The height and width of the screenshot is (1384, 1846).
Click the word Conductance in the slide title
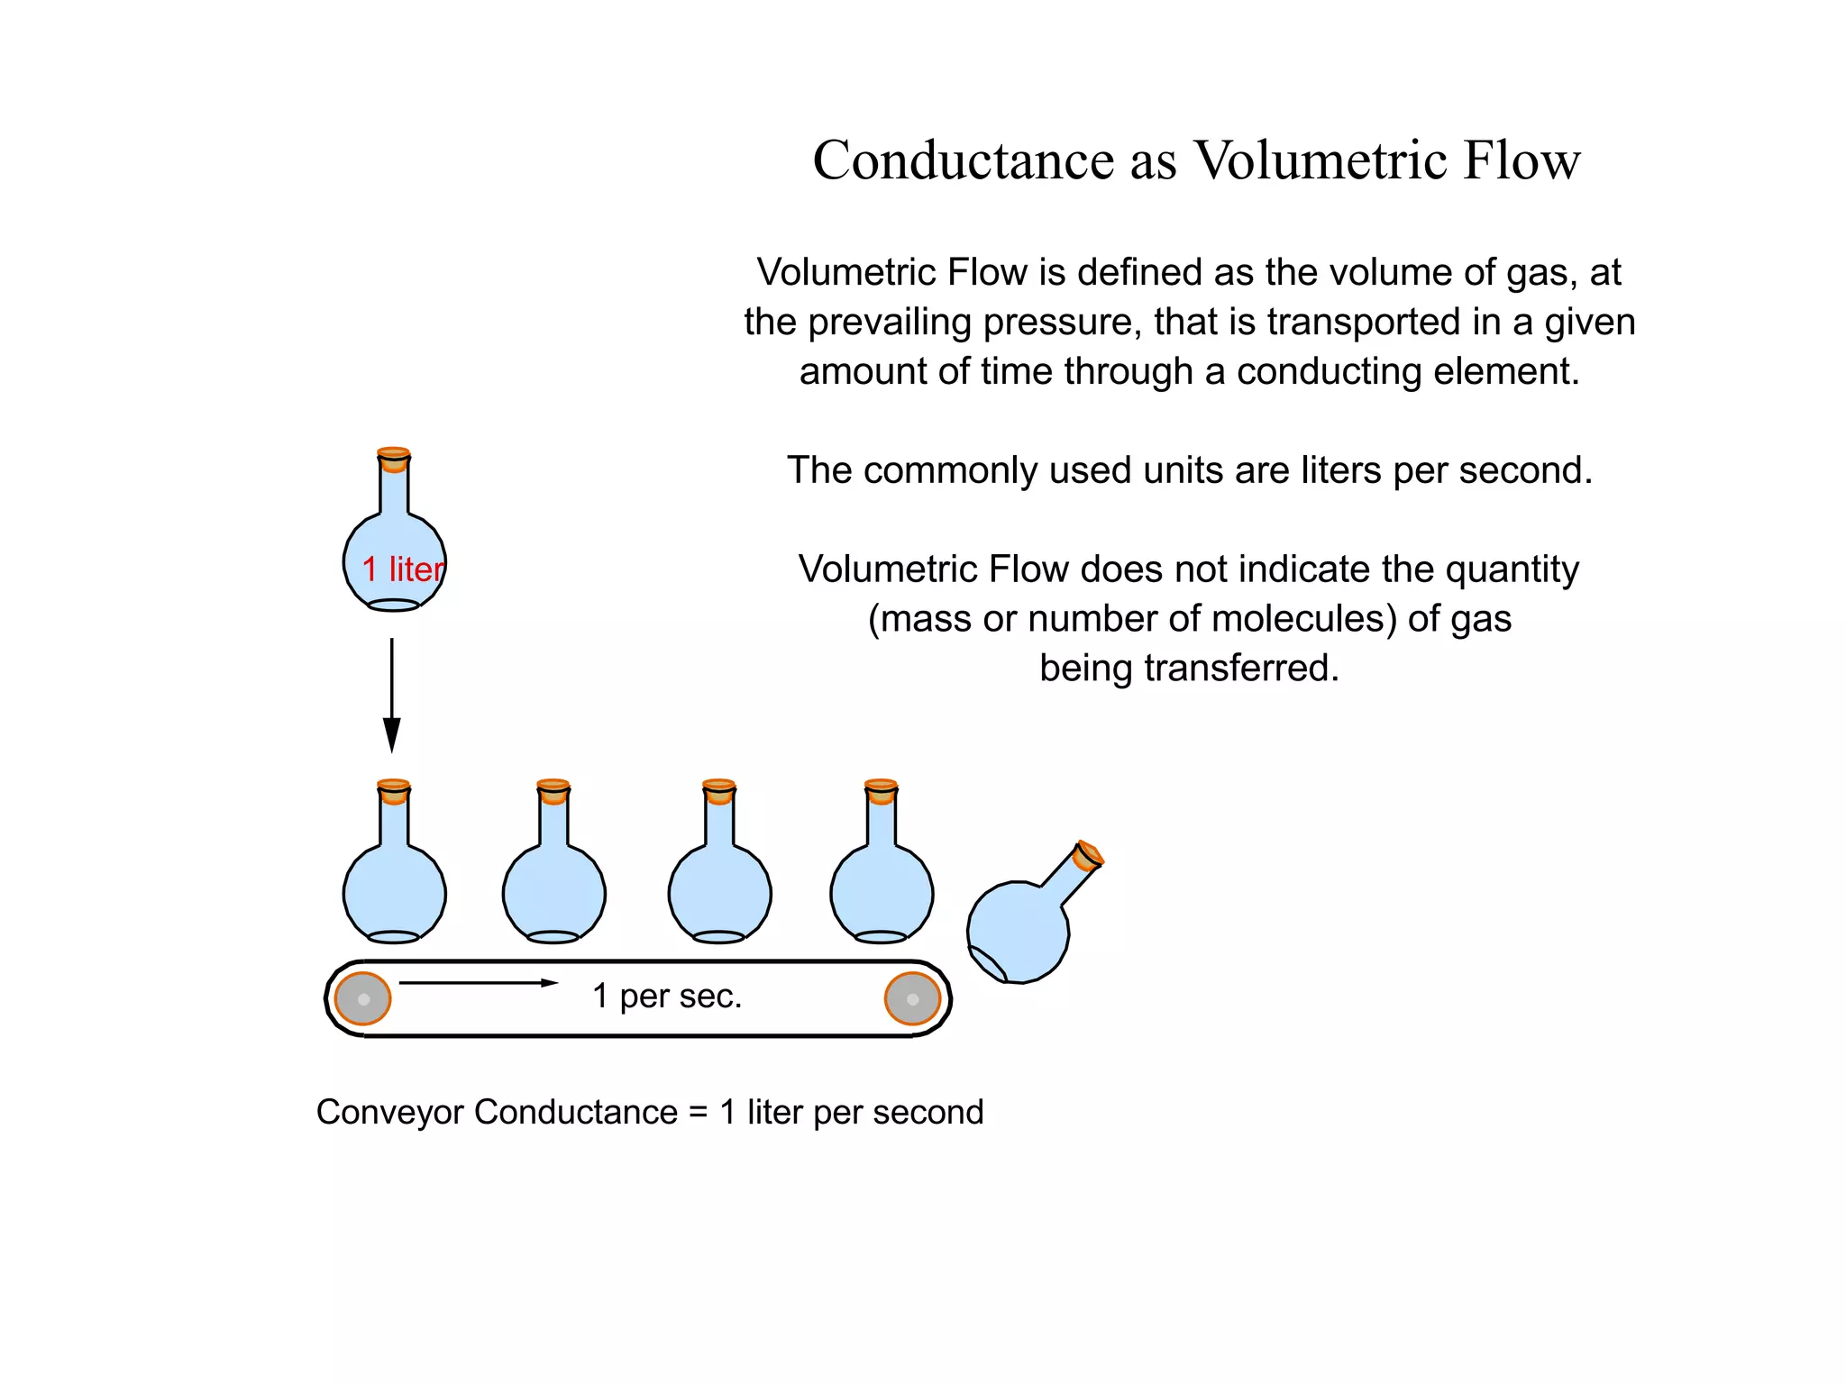(964, 160)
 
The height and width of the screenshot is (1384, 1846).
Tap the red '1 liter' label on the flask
(403, 569)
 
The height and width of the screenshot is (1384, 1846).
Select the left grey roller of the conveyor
(363, 998)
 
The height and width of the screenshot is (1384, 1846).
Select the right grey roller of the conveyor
(912, 998)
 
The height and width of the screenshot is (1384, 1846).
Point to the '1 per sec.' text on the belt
(667, 997)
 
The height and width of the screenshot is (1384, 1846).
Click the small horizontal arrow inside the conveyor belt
(479, 982)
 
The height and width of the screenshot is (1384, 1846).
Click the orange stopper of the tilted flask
(1089, 854)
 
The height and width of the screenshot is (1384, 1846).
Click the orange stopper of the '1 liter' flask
(394, 459)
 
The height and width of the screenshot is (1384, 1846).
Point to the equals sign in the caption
(699, 1113)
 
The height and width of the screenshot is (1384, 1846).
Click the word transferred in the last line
(1241, 669)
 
